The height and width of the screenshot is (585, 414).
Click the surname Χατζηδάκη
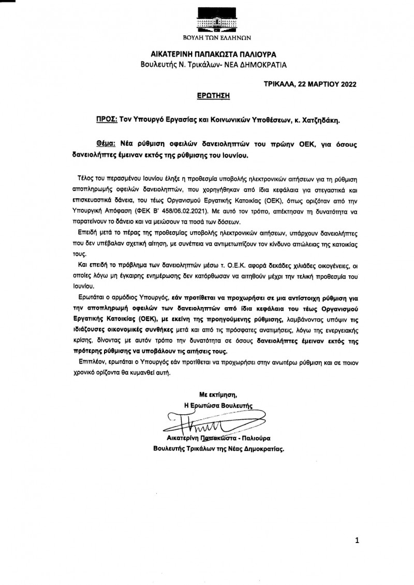[322, 119]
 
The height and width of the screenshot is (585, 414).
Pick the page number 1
[357, 541]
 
